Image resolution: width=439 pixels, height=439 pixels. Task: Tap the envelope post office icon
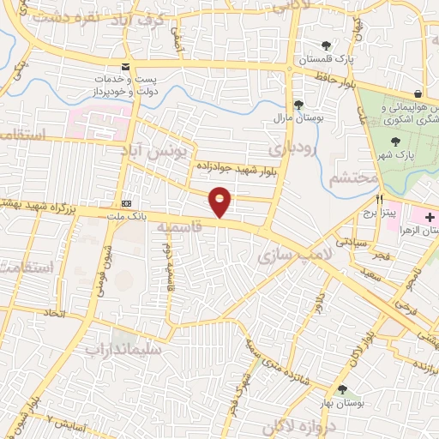tap(126, 67)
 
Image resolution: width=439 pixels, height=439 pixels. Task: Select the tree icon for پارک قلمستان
tap(325, 46)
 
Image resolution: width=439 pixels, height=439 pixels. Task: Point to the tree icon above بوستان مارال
tap(298, 105)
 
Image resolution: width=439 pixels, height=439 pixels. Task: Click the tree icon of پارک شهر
tap(395, 143)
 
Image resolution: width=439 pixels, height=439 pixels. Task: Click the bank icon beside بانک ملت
tap(127, 203)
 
